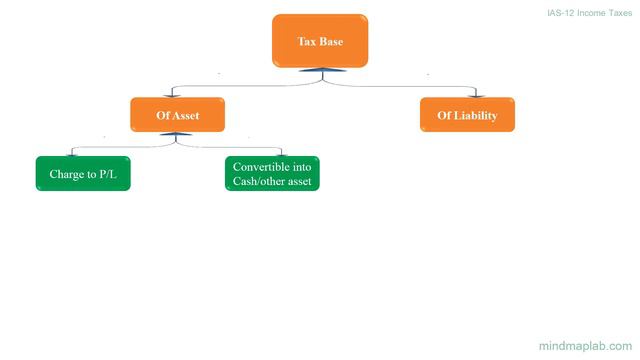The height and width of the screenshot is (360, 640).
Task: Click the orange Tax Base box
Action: [320, 41]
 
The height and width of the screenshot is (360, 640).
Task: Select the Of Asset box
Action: [177, 116]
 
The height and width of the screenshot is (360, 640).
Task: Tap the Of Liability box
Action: [467, 116]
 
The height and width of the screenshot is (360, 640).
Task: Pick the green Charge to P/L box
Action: [83, 174]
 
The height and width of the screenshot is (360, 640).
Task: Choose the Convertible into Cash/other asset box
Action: [272, 174]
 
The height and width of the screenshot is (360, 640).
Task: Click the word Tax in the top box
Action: [307, 42]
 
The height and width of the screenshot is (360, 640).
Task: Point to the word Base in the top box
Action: [331, 42]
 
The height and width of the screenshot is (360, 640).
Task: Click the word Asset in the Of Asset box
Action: [186, 116]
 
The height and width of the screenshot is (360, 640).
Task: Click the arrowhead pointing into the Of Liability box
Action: [467, 95]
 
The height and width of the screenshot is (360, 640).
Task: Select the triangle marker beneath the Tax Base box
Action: [321, 69]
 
